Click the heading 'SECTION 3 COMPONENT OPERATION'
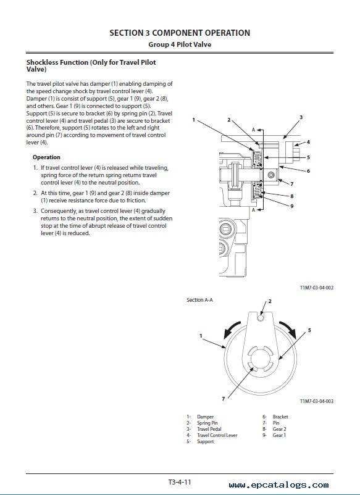[x=180, y=33]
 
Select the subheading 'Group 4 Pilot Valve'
[x=180, y=44]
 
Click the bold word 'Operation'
[x=46, y=157]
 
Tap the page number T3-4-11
[x=180, y=483]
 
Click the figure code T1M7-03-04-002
[x=316, y=288]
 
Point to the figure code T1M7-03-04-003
[x=316, y=401]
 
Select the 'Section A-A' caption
[x=199, y=300]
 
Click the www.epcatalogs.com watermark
[x=279, y=485]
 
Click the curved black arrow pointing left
[x=231, y=329]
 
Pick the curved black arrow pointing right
[x=288, y=329]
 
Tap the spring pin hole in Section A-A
[x=260, y=318]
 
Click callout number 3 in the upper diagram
[x=301, y=117]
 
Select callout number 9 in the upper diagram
[x=292, y=206]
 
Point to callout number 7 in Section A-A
[x=224, y=399]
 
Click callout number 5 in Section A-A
[x=309, y=330]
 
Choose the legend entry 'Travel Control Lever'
[x=217, y=435]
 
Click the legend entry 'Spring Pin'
[x=207, y=423]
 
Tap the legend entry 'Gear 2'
[x=280, y=429]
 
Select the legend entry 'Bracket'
[x=280, y=417]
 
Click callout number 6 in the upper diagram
[x=308, y=171]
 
